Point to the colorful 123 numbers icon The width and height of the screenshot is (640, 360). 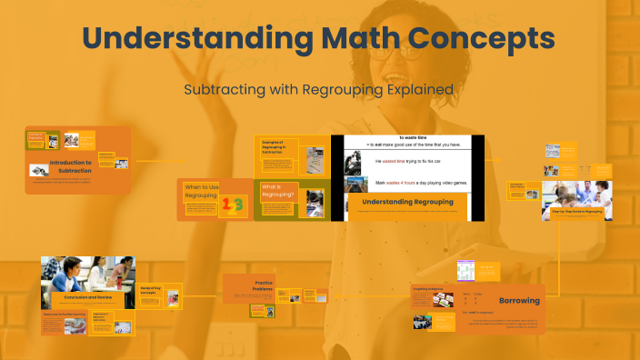233,206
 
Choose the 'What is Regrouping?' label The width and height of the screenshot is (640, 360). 279,192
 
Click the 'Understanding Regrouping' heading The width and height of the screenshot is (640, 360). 406,200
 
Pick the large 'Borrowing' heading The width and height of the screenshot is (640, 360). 519,300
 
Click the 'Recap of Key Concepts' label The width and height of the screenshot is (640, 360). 152,290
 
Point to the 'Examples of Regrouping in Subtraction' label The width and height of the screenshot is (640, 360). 274,147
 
